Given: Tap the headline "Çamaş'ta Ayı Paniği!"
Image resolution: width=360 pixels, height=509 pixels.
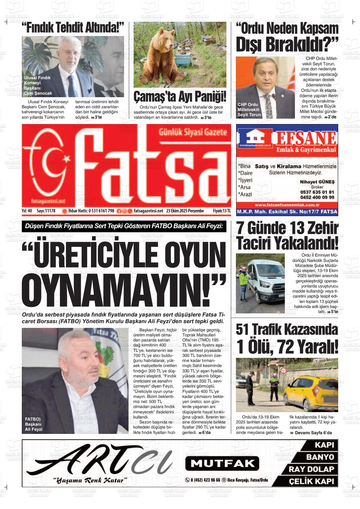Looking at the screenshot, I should (x=180, y=97).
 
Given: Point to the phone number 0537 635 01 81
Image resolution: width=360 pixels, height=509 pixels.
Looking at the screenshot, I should (x=317, y=192).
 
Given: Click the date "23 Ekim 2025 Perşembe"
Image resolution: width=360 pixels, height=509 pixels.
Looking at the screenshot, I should (x=185, y=211).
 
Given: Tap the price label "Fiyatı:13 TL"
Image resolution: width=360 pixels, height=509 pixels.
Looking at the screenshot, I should (x=222, y=211).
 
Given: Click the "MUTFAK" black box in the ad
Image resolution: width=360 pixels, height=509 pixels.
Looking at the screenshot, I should (x=222, y=463).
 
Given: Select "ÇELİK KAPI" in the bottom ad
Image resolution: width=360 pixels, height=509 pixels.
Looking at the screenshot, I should (x=311, y=481).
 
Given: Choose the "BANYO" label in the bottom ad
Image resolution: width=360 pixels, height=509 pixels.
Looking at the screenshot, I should (x=320, y=457).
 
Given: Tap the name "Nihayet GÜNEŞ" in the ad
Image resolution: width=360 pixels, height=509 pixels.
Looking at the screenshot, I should (x=317, y=182).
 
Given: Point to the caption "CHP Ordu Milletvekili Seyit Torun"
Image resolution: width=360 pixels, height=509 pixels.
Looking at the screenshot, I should (x=249, y=109).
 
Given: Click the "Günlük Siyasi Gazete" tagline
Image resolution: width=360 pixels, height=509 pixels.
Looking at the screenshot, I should (x=193, y=132).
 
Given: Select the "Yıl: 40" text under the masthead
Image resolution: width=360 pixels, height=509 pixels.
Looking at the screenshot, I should (x=27, y=211).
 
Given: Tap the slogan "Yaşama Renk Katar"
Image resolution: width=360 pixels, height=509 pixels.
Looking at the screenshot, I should (x=90, y=480).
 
